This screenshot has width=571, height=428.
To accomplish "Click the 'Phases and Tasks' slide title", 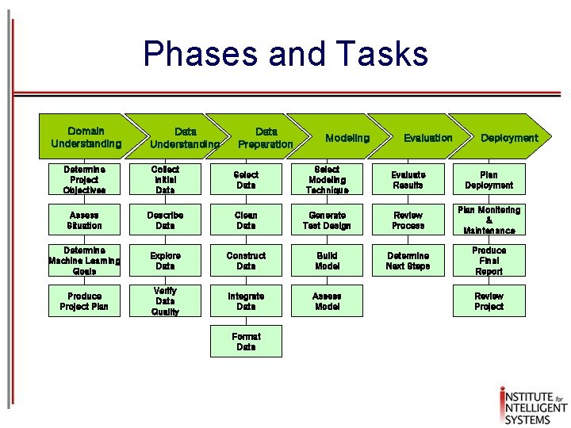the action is pos(285,54).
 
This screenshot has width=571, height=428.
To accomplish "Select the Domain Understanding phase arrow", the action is pos(85,137).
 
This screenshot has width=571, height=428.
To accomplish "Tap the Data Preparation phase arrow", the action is pos(266,137).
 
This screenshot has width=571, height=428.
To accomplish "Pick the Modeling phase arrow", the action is pos(347,138).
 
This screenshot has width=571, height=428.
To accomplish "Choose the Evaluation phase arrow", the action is pos(427,138).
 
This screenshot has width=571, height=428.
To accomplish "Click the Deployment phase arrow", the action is pos(508,138).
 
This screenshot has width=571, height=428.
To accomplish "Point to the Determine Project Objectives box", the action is pos(85,180).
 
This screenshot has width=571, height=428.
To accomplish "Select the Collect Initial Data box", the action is pos(165,180).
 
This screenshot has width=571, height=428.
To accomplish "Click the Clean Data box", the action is pos(246,220).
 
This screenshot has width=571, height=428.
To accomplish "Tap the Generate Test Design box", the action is pos(327,220).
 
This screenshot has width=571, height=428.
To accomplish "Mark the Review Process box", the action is pos(408,220).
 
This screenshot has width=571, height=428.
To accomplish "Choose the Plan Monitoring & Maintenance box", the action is pos(489,220).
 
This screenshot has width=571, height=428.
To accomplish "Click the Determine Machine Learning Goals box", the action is pos(85,261).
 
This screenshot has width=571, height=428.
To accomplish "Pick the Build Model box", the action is pos(327,261).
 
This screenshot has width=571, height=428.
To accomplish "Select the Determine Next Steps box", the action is pos(408,261).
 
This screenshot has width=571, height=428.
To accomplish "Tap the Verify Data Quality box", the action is pos(165,301).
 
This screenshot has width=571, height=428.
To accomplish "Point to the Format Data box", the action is pos(246,342).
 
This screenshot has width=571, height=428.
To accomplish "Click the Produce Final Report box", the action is pos(489,261).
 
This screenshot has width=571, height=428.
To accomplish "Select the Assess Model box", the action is pos(327,301).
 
